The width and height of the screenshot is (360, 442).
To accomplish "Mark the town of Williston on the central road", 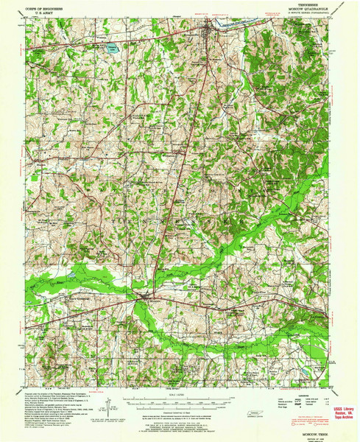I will (x=180, y=152).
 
